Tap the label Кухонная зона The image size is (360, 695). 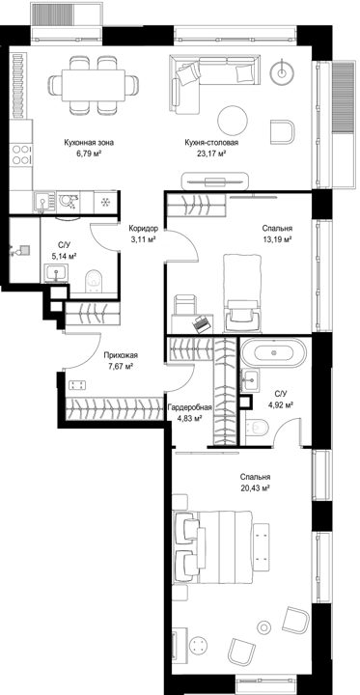pos(89,143)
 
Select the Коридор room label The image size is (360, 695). pos(143,229)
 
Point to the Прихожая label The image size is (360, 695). pos(121,355)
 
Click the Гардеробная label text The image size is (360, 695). pos(190,407)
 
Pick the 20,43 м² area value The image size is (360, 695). pos(255,488)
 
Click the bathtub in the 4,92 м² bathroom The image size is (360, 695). pos(274,353)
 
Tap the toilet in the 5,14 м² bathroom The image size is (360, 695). pos(94,279)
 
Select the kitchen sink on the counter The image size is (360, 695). pos(43,203)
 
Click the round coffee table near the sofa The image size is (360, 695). pos(233,121)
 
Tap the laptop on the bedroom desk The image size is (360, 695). pos(202,322)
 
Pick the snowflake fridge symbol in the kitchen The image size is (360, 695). pos(105,203)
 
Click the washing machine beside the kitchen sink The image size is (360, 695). pos(69,202)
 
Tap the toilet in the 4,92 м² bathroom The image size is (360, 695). pos(257,429)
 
